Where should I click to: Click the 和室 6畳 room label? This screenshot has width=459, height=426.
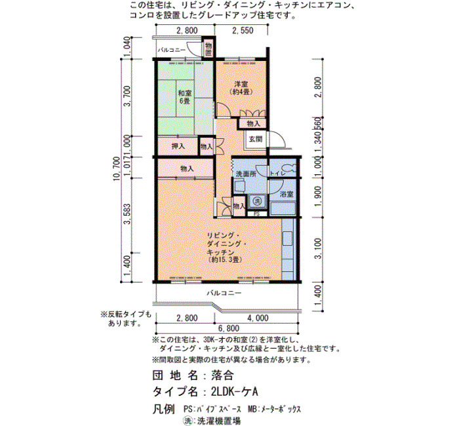[185, 98]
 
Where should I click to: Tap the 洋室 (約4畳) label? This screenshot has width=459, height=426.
[241, 87]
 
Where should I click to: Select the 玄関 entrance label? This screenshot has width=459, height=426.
[256, 139]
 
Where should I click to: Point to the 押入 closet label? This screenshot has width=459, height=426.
[178, 146]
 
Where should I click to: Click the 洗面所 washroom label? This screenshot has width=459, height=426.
[246, 174]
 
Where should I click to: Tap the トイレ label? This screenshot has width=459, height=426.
[277, 173]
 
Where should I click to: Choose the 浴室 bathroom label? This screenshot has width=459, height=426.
[287, 194]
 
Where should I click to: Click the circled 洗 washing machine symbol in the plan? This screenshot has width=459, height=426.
[257, 201]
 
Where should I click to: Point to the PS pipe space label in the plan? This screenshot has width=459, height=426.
[256, 214]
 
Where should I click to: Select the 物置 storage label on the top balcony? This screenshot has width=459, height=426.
[208, 49]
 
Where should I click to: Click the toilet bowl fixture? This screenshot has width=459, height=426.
[290, 168]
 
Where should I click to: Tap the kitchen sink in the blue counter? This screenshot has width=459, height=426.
[287, 239]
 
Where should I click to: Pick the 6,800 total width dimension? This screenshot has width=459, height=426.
[228, 328]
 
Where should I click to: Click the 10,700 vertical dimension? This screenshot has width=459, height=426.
[117, 169]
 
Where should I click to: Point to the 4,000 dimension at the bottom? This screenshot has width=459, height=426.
[258, 318]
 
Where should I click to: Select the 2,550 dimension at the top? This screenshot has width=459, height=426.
[243, 30]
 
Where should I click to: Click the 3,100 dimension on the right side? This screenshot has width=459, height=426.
[319, 248]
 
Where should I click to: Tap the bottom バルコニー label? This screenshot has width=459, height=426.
[224, 293]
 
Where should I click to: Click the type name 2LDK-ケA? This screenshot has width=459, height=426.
[234, 391]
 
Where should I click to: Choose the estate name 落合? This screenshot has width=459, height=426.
[222, 376]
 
